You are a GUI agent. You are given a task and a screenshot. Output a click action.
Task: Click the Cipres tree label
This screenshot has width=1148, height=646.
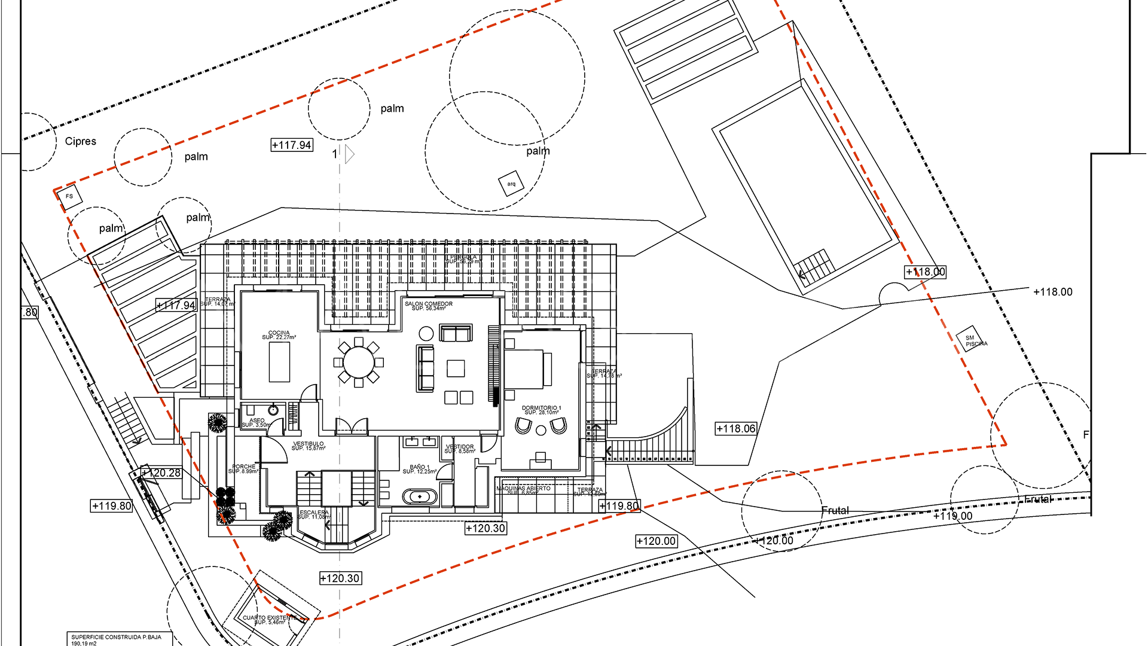pyautogui.click(x=80, y=141)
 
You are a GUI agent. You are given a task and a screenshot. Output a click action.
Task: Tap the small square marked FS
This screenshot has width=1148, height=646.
pyautogui.click(x=70, y=197)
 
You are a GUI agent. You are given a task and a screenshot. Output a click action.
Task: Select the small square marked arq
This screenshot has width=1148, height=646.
pyautogui.click(x=511, y=184)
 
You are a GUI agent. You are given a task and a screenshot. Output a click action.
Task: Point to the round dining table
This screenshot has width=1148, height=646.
pyautogui.click(x=359, y=362)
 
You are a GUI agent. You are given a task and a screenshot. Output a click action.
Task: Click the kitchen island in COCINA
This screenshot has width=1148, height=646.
pyautogui.click(x=279, y=362)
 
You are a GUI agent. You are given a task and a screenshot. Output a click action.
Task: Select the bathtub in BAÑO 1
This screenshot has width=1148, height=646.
pyautogui.click(x=420, y=496)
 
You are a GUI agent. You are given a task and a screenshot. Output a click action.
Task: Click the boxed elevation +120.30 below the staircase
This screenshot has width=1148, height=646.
pyautogui.click(x=340, y=578)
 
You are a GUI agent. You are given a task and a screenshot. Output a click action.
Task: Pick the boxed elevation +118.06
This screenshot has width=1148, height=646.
pyautogui.click(x=736, y=429)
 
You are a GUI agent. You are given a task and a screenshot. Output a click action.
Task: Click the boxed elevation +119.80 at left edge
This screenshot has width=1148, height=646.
pyautogui.click(x=112, y=506)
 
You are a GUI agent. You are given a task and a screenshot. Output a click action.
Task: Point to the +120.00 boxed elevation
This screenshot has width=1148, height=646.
pyautogui.click(x=656, y=541)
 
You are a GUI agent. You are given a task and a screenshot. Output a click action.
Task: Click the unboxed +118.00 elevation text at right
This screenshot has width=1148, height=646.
pyautogui.click(x=1052, y=292)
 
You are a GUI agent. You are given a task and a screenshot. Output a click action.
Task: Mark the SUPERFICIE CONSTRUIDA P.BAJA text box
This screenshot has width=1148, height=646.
pyautogui.click(x=119, y=639)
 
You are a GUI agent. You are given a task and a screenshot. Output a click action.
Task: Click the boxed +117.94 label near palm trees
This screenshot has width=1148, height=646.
pyautogui.click(x=292, y=145)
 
